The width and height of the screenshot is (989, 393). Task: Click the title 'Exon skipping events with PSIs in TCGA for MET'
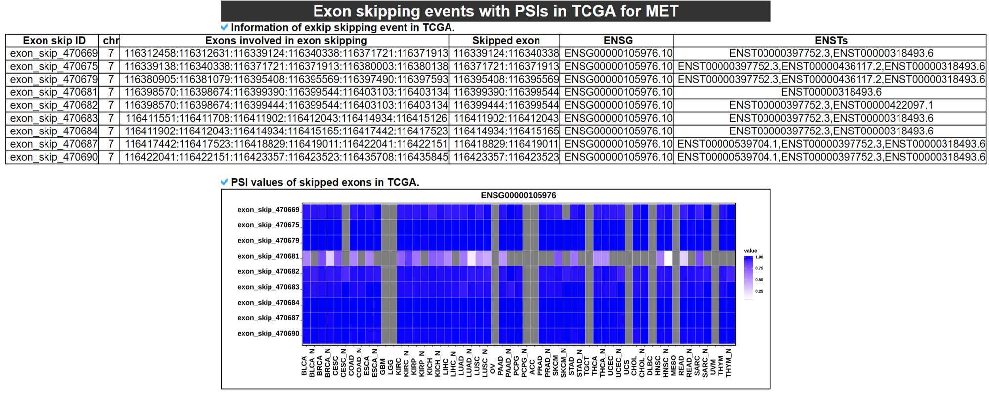tap(495, 11)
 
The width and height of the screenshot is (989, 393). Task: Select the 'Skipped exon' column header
tap(505, 41)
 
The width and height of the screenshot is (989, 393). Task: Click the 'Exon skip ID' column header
tap(54, 41)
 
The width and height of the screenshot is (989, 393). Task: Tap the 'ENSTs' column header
tap(831, 41)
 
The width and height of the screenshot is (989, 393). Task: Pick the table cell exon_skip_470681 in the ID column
tap(54, 92)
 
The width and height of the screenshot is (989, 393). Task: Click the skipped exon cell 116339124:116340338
tap(506, 53)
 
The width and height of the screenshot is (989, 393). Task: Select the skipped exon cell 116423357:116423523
tap(506, 157)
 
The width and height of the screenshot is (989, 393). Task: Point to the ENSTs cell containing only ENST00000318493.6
tap(831, 92)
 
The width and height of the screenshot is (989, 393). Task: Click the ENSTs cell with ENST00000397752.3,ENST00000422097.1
tap(831, 105)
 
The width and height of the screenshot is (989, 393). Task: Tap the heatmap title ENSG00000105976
tap(518, 195)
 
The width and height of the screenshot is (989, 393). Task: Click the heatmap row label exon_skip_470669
tap(268, 210)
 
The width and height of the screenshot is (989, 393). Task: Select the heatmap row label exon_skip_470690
tap(268, 334)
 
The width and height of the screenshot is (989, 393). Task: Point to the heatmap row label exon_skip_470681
tap(268, 256)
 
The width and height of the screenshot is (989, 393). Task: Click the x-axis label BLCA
tap(304, 366)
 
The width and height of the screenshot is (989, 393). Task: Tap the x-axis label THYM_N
tap(729, 362)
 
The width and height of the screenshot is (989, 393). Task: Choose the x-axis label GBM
tap(383, 367)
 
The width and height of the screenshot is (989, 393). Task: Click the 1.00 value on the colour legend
tap(759, 257)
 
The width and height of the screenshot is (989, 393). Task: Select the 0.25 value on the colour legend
tap(759, 291)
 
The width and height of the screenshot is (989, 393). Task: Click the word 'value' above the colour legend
tap(750, 251)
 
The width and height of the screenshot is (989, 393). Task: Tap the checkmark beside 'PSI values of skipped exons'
tap(225, 182)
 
